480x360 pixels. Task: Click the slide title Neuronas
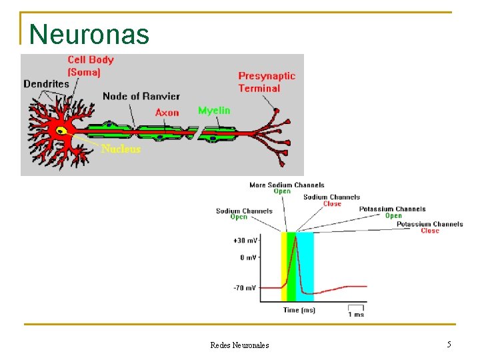point(89,34)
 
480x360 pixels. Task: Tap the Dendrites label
point(46,84)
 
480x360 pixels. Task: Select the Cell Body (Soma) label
point(91,65)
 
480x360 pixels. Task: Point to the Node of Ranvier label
point(141,96)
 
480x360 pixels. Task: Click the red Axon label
point(167,113)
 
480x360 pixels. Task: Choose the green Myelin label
point(214,110)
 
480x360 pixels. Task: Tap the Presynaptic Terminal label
point(267,82)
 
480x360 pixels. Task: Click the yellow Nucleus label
point(121,149)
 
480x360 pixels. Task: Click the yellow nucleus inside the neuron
point(61,131)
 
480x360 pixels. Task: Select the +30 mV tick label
point(245,240)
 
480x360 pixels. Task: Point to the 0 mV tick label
point(248,257)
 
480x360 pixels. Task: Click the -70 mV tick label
point(245,288)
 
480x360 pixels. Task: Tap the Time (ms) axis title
point(299,310)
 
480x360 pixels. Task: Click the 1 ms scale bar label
point(356,314)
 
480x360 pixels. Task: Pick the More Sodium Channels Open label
point(287,188)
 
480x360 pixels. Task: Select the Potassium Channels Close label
point(429,227)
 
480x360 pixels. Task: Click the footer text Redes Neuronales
point(239,345)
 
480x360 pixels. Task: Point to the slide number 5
point(449,345)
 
